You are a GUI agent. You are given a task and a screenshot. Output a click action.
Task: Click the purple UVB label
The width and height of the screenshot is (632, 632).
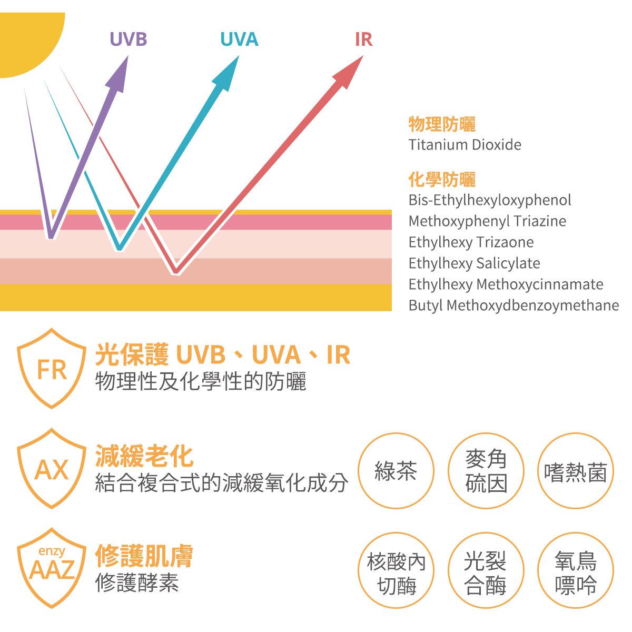coord(128,39)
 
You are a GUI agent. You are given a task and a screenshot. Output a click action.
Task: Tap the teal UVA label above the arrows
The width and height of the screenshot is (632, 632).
coord(239,39)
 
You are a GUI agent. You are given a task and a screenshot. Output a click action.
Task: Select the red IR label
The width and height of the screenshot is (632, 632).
coord(363,39)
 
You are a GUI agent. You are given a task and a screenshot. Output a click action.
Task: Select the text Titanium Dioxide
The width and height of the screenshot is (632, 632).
coord(465,145)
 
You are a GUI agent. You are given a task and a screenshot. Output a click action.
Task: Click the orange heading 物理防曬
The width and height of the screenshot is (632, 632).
coord(442,125)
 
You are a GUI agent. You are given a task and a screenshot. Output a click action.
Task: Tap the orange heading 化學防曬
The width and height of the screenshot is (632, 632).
coord(442,180)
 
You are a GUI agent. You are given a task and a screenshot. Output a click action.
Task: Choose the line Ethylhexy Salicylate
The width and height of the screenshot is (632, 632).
coord(474,263)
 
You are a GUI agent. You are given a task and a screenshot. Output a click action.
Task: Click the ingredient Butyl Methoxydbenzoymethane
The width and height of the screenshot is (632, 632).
coord(513,305)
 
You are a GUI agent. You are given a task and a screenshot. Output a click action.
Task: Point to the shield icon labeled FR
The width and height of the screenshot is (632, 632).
coord(52,369)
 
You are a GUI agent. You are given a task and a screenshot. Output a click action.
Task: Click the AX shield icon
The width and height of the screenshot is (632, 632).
coord(52,469)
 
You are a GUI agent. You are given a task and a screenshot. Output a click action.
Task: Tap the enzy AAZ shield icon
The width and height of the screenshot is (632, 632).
coord(52,568)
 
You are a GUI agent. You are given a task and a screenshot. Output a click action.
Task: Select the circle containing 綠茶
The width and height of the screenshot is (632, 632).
coord(396,471)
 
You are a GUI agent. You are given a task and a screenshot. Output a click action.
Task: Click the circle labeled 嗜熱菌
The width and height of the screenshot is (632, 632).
coord(576,471)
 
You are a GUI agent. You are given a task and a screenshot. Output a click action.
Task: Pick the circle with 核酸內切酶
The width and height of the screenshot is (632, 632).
coord(396,571)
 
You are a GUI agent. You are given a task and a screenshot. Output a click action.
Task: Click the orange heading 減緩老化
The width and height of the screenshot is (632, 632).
coord(144,456)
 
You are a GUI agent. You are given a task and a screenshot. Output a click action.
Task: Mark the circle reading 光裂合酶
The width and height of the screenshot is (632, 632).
coord(486,571)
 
